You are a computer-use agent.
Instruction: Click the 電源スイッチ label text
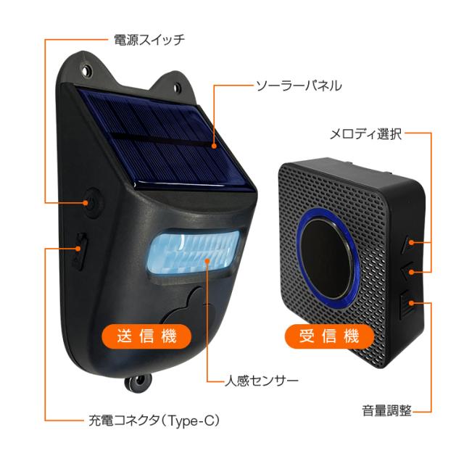pos(149,40)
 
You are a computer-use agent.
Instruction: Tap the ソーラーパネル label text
pos(299,86)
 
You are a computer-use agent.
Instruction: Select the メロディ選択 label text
pos(365,134)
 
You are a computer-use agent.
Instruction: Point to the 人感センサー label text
pos(261,381)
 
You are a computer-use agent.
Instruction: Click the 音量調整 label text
pos(387,410)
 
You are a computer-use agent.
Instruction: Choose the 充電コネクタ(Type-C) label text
pos(154,420)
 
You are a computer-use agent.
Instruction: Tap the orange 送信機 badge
pos(146,336)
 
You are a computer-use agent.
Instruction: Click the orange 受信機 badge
pos(329,336)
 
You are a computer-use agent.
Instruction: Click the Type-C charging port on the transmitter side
pos(79,252)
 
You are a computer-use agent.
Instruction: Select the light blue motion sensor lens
pos(194,252)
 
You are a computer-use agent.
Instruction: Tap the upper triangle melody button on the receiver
pos(407,244)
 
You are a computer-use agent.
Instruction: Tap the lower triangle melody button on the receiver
pos(407,271)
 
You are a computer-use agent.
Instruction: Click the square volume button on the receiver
pos(406,304)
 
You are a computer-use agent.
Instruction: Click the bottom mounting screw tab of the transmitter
pos(138,383)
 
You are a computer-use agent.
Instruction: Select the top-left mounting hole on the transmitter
pos(86,71)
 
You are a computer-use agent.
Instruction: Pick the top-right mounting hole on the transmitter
pos(177,88)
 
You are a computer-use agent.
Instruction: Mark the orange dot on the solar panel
pos(215,146)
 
